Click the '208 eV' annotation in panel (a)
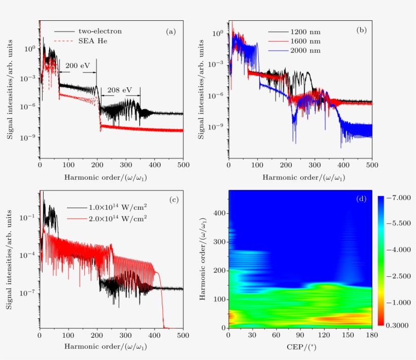(120, 90)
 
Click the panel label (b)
(362, 30)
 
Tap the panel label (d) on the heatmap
(361, 199)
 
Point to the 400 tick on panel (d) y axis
(218, 213)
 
